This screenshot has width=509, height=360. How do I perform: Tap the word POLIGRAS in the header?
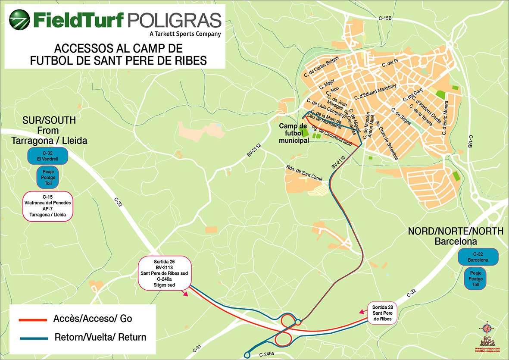point(175,20)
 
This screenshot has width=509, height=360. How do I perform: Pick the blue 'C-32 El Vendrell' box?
point(47,156)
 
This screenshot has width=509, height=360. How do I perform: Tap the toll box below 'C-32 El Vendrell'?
point(48,178)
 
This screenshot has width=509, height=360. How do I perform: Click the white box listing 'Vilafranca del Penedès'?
point(48,207)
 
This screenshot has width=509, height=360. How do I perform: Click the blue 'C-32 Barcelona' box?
point(478,257)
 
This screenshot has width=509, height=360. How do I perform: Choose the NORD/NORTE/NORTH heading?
point(456,231)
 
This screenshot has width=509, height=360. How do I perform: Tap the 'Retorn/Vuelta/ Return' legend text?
point(100,337)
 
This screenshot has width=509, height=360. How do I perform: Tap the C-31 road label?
point(195,348)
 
